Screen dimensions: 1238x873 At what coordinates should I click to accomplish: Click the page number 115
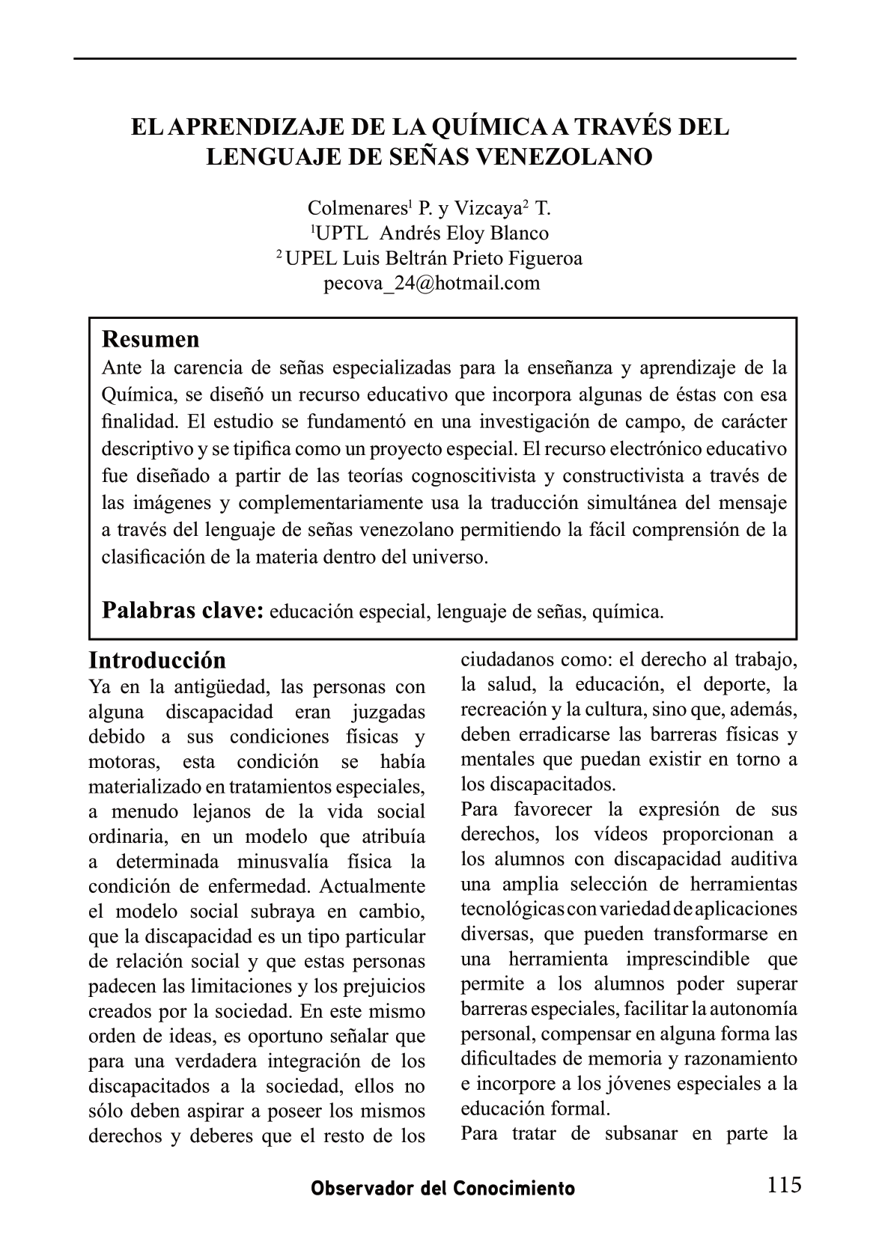pyautogui.click(x=784, y=1185)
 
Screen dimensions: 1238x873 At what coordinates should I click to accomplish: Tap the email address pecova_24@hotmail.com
pyautogui.click(x=431, y=284)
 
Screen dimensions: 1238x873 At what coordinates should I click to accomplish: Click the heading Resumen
pyautogui.click(x=150, y=340)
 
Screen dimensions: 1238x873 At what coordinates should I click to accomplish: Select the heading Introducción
pyautogui.click(x=157, y=660)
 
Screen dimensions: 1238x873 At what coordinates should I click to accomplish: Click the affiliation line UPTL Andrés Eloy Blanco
pyautogui.click(x=431, y=233)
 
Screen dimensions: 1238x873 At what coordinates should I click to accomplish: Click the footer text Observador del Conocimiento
pyautogui.click(x=443, y=1189)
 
